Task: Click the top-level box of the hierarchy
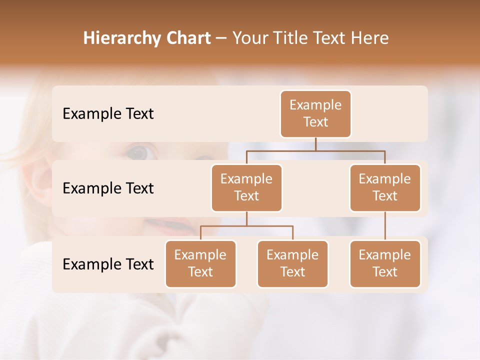coord(315,114)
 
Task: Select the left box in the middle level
coord(246,188)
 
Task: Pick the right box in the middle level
coord(385,188)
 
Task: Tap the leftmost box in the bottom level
coord(200,264)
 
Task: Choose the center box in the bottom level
coord(292,264)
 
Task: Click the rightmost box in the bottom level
coord(385,264)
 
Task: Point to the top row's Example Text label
coord(108,114)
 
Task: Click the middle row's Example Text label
coord(108,188)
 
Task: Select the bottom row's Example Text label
coord(108,264)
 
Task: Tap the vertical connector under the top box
coord(315,144)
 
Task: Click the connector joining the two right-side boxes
coord(385,226)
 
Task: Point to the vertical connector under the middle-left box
coord(246,219)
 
